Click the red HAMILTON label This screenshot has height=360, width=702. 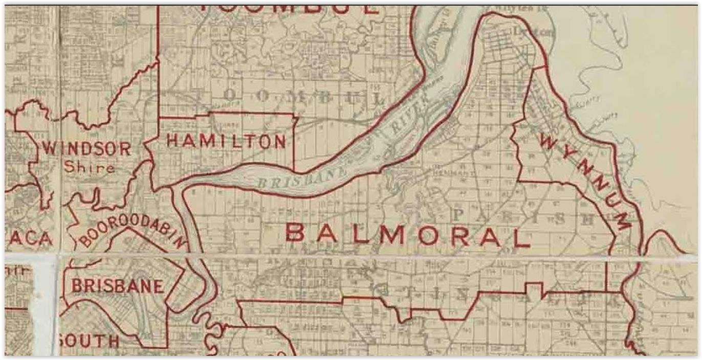click(226, 141)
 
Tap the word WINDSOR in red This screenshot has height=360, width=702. click(86, 149)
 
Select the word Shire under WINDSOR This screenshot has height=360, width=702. click(89, 167)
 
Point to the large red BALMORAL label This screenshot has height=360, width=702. click(407, 236)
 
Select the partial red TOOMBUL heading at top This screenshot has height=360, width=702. click(289, 9)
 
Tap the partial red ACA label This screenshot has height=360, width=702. click(31, 238)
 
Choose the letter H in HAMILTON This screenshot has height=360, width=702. click(173, 141)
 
